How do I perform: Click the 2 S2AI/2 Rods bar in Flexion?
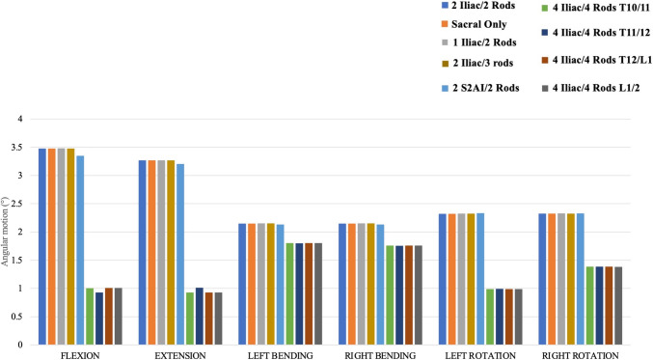point(80,250)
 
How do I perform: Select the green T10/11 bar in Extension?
point(189,318)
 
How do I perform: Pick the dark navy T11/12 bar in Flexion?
point(99,318)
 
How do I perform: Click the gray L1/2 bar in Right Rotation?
point(618,306)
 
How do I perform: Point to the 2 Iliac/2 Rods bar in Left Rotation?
point(443,279)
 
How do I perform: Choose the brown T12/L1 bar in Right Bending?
point(409,295)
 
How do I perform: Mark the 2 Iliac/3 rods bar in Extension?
point(171,253)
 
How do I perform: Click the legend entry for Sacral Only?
point(474,24)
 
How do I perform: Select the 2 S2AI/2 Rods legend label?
point(480,88)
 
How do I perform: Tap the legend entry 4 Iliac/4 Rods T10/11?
point(596,8)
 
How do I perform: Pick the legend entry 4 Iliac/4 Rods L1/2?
point(591,88)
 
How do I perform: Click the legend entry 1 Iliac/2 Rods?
point(479,42)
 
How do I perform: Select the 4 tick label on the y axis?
point(19,119)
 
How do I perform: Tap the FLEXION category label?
point(80,355)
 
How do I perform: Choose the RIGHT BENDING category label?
point(380,355)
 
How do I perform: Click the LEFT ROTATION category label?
point(480,355)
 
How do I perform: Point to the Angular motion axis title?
point(5,232)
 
